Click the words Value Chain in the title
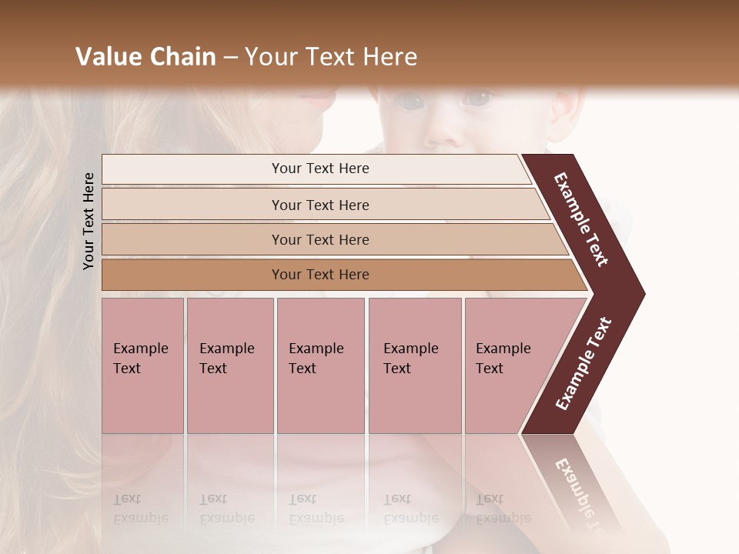pos(145,57)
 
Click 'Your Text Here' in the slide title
pos(331,57)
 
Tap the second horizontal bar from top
pos(319,205)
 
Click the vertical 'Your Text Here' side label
pos(89,222)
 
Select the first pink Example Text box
pos(142,365)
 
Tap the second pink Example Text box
pos(229,365)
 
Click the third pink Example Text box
pos(320,365)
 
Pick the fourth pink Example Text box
pos(414,365)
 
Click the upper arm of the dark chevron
pos(580,219)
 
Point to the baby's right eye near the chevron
pos(479,98)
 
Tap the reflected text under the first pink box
pos(140,509)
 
